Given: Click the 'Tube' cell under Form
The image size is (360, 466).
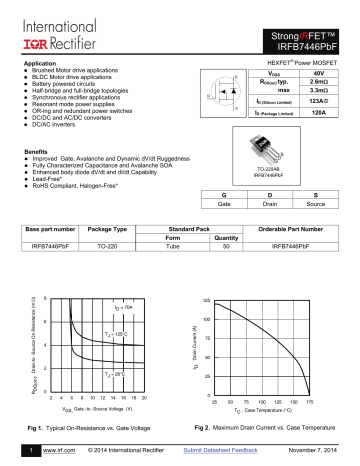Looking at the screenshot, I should (169, 245).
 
